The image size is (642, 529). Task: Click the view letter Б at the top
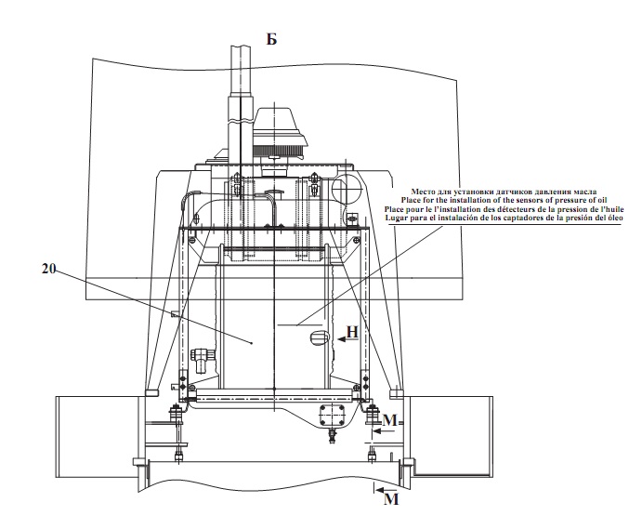[272, 39]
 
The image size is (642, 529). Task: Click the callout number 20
[48, 269]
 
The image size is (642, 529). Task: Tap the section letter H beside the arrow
[352, 332]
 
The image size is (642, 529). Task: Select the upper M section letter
[390, 420]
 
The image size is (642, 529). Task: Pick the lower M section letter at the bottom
[391, 499]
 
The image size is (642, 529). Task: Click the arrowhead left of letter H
[341, 338]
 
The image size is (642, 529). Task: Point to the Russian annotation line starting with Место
[504, 192]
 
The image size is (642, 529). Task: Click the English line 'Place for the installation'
[504, 200]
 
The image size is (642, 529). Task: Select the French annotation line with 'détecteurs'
[504, 209]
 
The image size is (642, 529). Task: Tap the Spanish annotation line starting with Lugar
[504, 218]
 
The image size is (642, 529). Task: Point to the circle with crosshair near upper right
[346, 189]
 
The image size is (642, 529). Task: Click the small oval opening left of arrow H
[321, 337]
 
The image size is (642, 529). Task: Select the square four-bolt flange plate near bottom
[332, 417]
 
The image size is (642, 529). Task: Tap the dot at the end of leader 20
[252, 343]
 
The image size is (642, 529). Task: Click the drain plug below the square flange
[332, 436]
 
